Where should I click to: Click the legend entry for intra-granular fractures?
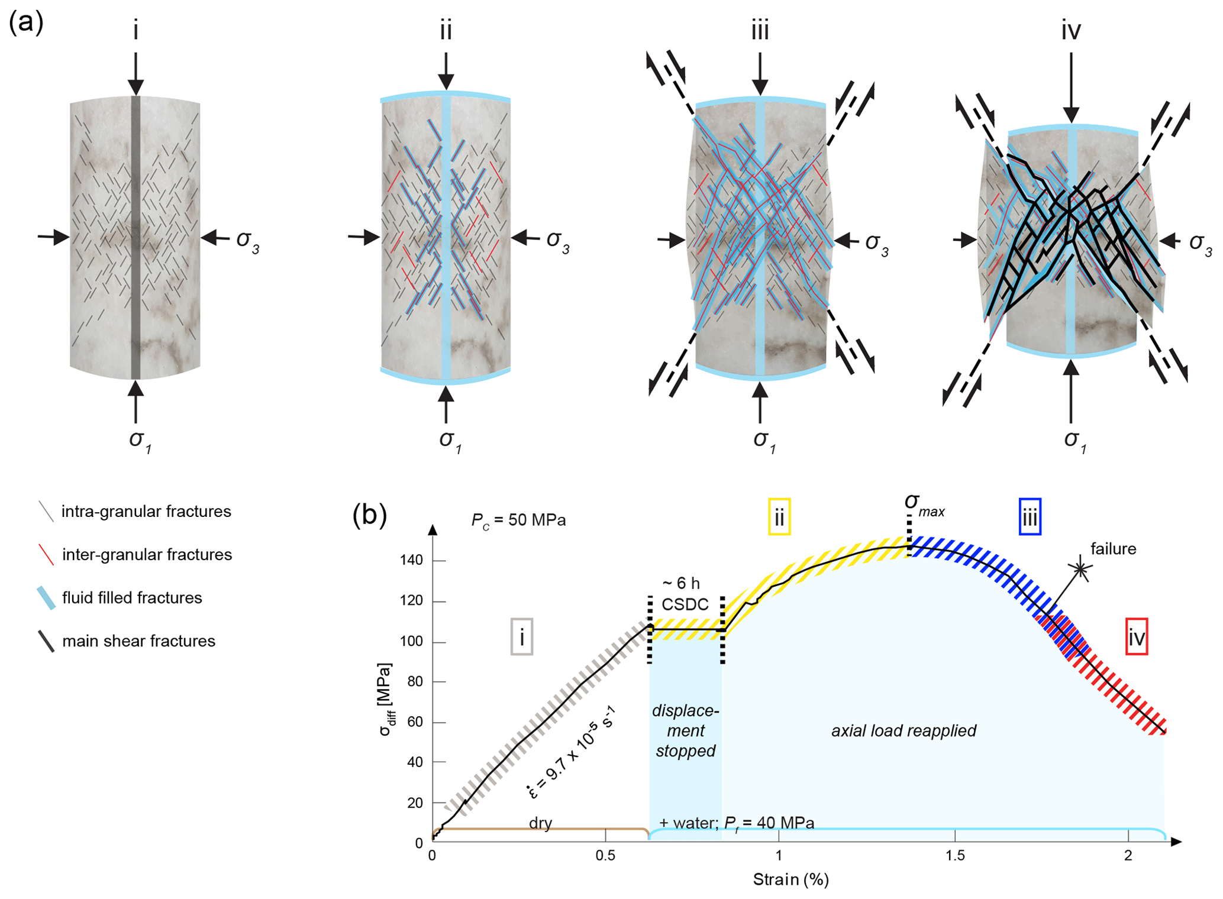coord(146,512)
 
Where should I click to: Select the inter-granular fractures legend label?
coord(147,555)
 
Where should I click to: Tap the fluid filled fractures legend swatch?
coord(46,598)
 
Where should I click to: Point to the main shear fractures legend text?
coord(138,641)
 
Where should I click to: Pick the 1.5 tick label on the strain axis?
coord(954,855)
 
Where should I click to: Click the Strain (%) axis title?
coord(790,879)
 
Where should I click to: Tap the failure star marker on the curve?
coord(1080,569)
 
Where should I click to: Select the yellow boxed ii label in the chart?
coord(779,518)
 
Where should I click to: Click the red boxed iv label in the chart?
coord(1137,637)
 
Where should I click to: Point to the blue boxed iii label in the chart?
coord(1030,518)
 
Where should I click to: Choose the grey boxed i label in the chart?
coord(522,637)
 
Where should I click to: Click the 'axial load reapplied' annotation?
coord(903,731)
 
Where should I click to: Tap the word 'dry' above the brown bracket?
coord(540,823)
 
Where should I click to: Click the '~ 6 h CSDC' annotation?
coord(685,594)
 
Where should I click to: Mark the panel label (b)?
coord(370,515)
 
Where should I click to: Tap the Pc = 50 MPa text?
coord(518,520)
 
